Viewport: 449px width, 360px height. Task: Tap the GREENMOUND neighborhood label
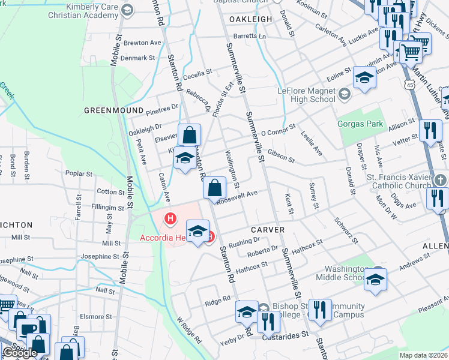point(113,111)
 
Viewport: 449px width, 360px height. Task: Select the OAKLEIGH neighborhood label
point(250,19)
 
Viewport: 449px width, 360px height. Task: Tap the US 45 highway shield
point(409,86)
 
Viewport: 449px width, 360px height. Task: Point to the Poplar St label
point(78,174)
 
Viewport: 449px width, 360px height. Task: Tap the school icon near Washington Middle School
point(375,280)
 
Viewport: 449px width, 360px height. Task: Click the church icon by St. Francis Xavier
point(441,179)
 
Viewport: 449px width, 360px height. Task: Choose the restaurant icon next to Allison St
point(430,130)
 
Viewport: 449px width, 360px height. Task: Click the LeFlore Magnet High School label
point(306,95)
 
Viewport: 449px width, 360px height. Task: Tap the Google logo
point(20,353)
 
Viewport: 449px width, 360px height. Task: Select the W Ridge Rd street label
point(189,329)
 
